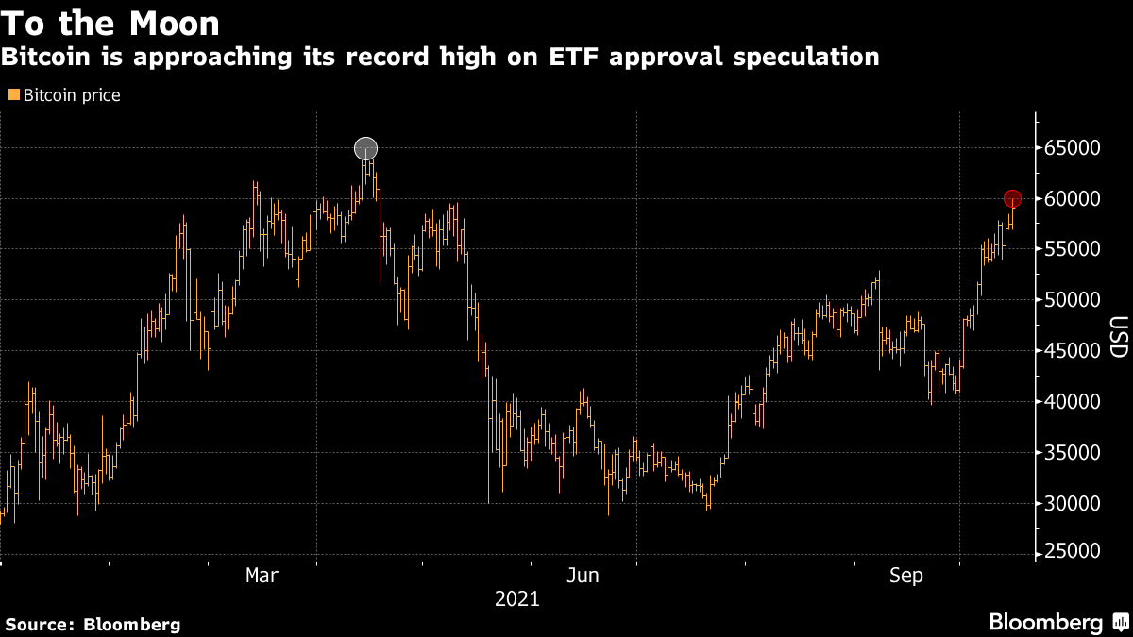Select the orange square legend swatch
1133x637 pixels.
pos(14,94)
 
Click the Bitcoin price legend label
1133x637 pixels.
pos(71,95)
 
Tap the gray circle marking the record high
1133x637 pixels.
pos(365,148)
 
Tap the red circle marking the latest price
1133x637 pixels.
pos(1012,198)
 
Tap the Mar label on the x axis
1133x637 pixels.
pos(262,575)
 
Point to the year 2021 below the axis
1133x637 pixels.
pos(516,598)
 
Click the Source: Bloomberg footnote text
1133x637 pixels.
pos(93,624)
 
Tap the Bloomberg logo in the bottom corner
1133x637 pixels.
pos(1057,622)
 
